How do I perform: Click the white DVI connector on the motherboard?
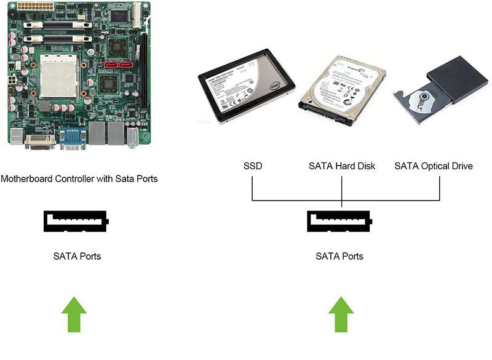pos(40,142)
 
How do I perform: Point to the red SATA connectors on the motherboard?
pos(119,63)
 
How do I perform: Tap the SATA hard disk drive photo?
pos(341,89)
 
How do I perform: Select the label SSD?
pos(253,166)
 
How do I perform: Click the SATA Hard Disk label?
pos(341,166)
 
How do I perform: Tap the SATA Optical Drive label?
pos(434,166)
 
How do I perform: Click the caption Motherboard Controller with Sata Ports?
pos(79,179)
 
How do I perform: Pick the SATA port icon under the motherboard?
pos(76,222)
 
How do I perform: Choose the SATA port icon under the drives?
pos(340,222)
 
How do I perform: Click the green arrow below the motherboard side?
pos(74,314)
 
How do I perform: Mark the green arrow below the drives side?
pos(341,314)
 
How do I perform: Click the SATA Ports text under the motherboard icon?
pos(77,256)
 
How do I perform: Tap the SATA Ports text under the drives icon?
pos(339,256)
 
